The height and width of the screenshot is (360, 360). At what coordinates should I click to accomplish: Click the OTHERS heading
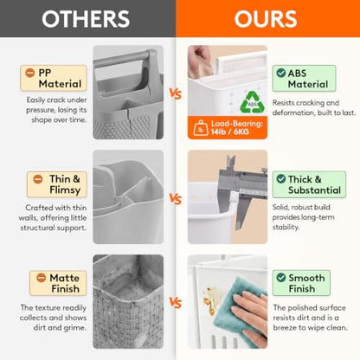pos(86,19)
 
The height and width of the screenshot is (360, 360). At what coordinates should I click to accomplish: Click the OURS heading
pos(266,19)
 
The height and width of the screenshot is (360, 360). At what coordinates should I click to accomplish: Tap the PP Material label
pos(54,78)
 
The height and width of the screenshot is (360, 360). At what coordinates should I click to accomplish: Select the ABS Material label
pos(304,79)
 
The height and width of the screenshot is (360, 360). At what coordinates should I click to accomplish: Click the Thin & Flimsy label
pos(57,184)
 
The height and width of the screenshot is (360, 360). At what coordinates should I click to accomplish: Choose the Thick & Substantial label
pos(309,184)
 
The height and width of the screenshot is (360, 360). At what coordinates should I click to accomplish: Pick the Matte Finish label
pos(58,283)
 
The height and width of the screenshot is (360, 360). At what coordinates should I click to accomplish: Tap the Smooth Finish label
pos(301,283)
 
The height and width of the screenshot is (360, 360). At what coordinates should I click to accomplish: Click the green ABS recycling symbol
pos(252,102)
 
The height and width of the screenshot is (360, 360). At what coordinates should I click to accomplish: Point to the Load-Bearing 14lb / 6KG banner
pos(228,127)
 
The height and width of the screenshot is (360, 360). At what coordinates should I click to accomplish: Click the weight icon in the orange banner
pos(201,128)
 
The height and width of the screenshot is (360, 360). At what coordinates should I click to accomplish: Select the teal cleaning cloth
pos(236,303)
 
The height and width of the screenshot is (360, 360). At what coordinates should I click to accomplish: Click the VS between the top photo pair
pos(176,93)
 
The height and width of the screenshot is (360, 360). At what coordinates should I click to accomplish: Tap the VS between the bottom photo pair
pos(176,303)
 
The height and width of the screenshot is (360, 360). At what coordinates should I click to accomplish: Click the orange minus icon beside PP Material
pos(30,73)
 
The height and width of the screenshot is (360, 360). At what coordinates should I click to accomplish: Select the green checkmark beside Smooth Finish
pos(281,278)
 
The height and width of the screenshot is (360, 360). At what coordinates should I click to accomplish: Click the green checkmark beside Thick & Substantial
pos(281,179)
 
